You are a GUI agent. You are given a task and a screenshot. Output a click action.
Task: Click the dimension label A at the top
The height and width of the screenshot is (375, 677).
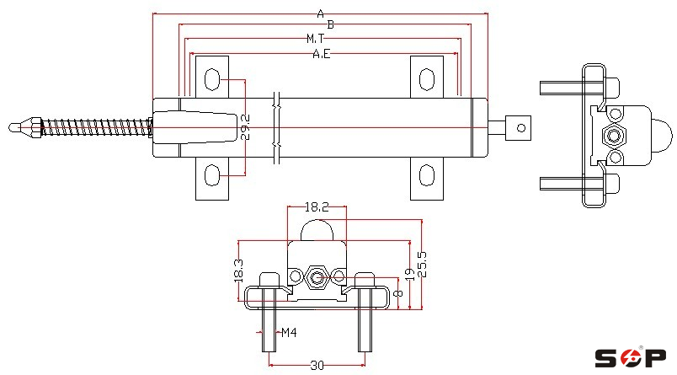pos(320,13)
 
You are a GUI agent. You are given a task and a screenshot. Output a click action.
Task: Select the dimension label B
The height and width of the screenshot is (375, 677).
pos(330,25)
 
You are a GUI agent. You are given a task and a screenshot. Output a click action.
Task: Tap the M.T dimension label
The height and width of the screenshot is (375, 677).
pos(316,39)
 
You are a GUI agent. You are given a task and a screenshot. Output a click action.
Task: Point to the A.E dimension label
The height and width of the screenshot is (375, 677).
pos(321,54)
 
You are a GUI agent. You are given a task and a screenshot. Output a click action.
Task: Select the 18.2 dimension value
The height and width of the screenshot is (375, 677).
pos(317,206)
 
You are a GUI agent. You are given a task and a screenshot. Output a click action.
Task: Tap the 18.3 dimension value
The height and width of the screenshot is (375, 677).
pos(238,271)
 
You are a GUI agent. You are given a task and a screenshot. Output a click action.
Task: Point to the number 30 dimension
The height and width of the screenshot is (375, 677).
pos(317,365)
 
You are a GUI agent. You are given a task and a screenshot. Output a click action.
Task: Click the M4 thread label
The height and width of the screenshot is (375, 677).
pos(289,333)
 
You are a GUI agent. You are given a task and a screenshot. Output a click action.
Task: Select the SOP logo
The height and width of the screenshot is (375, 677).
pos(631,358)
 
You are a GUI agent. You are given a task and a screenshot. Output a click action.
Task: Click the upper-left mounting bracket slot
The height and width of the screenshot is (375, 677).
pos(212,81)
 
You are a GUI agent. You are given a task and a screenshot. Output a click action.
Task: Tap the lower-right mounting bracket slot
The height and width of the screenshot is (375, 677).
pos(428,175)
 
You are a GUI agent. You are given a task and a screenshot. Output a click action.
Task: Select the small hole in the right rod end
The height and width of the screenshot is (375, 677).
pos(521,128)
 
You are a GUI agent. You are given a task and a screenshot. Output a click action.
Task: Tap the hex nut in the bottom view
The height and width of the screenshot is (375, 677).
pos(317,276)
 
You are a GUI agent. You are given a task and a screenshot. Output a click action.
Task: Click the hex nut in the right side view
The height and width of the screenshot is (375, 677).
pos(615,135)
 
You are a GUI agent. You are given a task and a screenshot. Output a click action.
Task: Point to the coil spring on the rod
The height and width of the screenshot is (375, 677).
pos(93,128)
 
